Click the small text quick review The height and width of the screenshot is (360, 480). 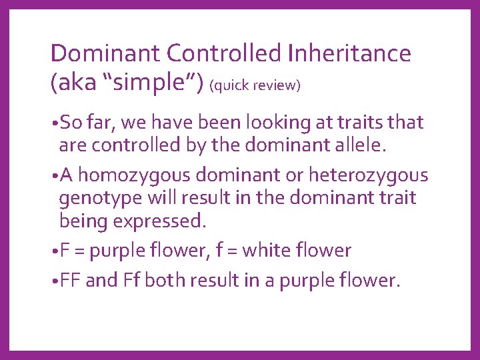[255, 86]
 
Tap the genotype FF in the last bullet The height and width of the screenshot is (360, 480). [71, 280]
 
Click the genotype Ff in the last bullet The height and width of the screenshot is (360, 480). [131, 280]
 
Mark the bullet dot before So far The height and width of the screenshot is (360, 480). [53, 123]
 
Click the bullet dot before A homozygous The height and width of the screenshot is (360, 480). [53, 176]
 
